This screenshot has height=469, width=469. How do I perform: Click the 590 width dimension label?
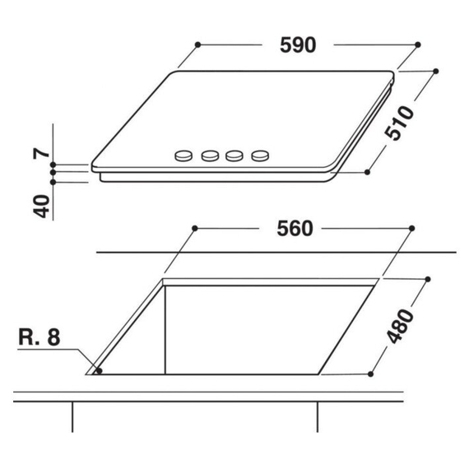297,45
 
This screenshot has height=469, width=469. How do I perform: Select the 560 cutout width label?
295,230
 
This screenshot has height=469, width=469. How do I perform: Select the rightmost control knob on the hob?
261,154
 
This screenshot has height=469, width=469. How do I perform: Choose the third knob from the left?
236,154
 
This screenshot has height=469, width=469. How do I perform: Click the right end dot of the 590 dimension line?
418,44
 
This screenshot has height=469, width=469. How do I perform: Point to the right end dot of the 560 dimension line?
411,227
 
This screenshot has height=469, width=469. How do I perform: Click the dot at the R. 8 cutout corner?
100,371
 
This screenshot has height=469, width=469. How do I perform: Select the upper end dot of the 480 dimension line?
426,279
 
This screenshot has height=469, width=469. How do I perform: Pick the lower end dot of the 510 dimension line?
368,172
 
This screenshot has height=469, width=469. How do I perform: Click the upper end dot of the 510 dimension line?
434,72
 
